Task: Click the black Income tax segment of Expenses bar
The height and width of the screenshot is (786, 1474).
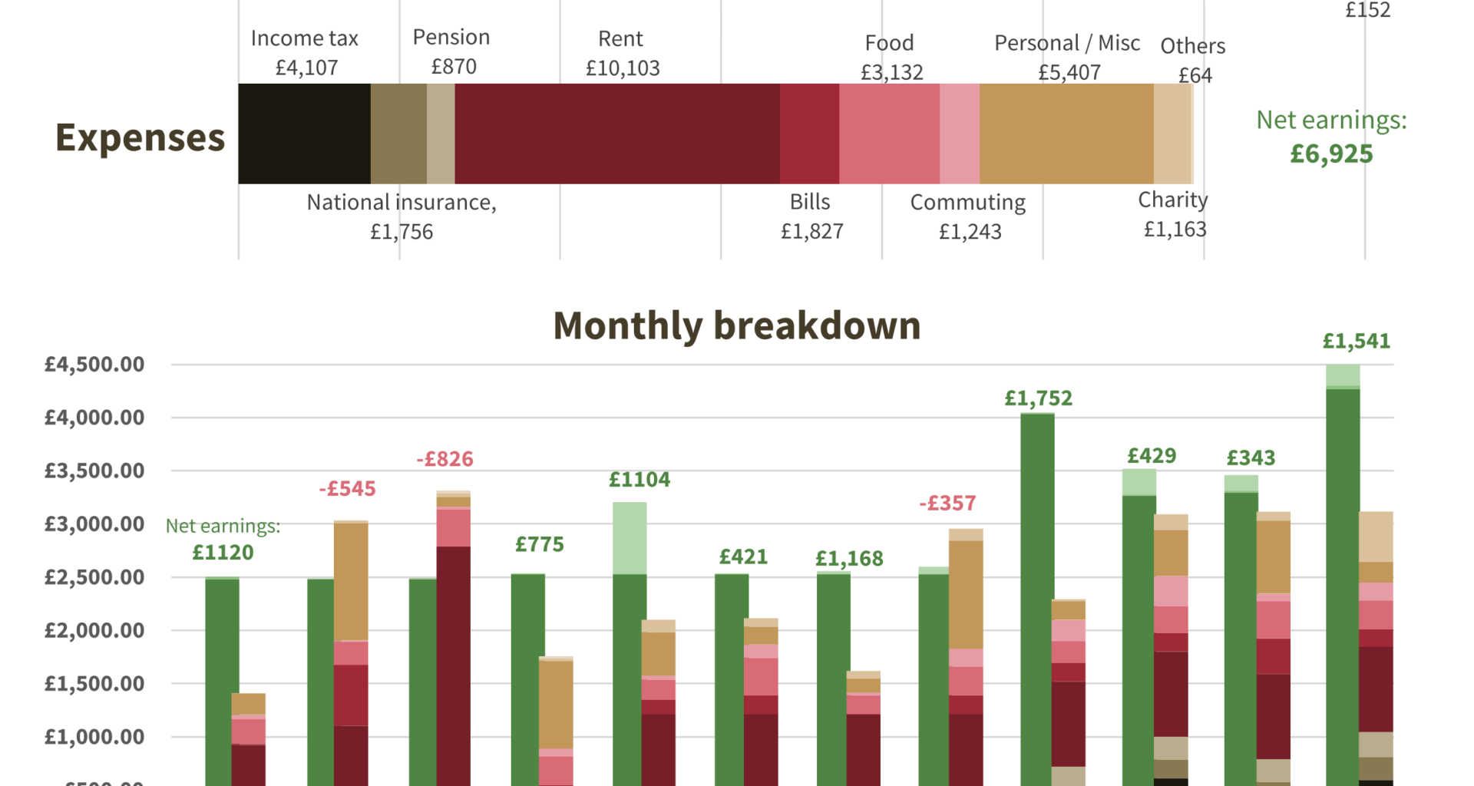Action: pyautogui.click(x=304, y=134)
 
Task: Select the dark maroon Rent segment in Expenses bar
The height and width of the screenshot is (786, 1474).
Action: pyautogui.click(x=616, y=134)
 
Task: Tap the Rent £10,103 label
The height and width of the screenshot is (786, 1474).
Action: pyautogui.click(x=622, y=53)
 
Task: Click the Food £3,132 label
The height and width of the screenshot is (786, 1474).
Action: pyautogui.click(x=891, y=57)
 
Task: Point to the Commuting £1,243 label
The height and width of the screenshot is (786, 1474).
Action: pyautogui.click(x=968, y=216)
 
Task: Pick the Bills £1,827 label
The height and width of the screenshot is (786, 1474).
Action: pyautogui.click(x=811, y=216)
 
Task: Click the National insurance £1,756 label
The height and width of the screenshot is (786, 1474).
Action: pyautogui.click(x=402, y=216)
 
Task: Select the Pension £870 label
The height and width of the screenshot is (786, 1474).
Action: pyautogui.click(x=451, y=51)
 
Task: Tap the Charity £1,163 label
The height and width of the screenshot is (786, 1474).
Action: pyautogui.click(x=1174, y=214)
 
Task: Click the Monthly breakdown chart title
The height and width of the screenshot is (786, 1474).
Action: pyautogui.click(x=736, y=325)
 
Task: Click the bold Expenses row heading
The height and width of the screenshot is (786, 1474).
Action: pyautogui.click(x=140, y=137)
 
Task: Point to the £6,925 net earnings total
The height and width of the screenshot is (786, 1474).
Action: pyautogui.click(x=1331, y=154)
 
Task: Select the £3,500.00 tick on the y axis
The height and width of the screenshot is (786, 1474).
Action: pyautogui.click(x=94, y=471)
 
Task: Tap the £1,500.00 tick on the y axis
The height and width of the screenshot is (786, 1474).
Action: pyautogui.click(x=94, y=683)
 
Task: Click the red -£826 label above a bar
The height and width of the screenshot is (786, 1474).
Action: pyautogui.click(x=445, y=459)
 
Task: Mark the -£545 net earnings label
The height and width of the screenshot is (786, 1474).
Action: pyautogui.click(x=347, y=488)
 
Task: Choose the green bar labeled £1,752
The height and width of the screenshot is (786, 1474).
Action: pyautogui.click(x=1037, y=599)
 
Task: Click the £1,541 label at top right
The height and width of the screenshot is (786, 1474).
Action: pyautogui.click(x=1356, y=341)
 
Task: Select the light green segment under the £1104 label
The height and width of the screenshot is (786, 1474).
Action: pyautogui.click(x=630, y=537)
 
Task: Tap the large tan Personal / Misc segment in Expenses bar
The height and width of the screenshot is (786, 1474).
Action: pyautogui.click(x=1066, y=134)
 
